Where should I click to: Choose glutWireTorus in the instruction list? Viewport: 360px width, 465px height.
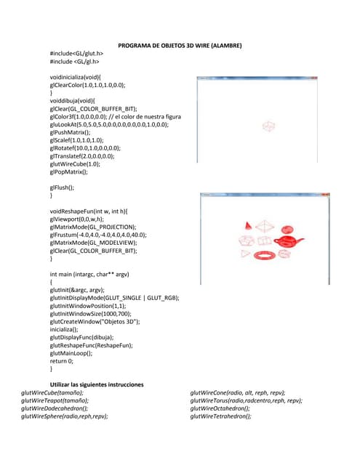tap(246, 400)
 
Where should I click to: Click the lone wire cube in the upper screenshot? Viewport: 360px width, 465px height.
tap(269, 126)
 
